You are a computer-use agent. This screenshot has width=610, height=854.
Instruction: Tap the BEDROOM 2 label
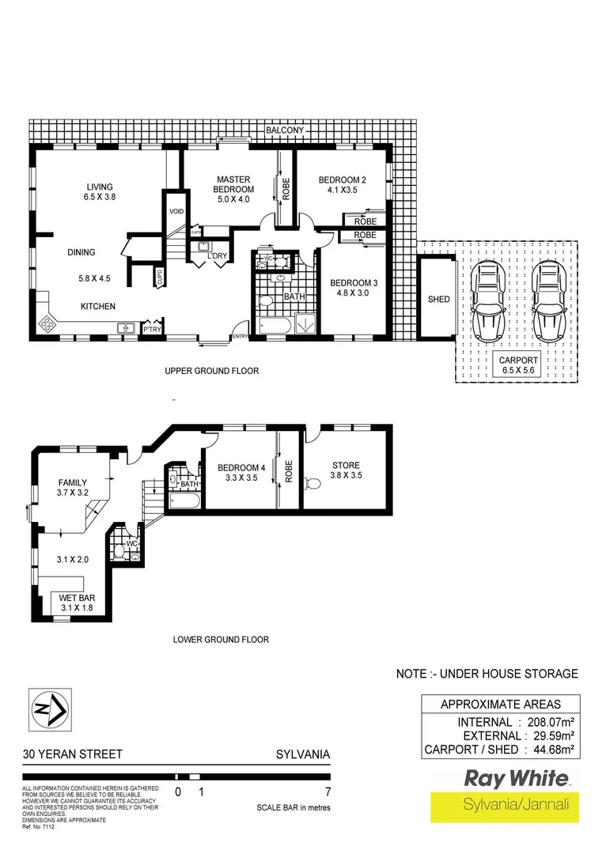pyautogui.click(x=338, y=184)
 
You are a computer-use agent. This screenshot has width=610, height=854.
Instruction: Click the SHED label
pyautogui.click(x=438, y=299)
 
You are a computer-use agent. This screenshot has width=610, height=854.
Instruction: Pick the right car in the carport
pyautogui.click(x=547, y=299)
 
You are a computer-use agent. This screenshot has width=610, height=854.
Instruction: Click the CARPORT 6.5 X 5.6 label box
pyautogui.click(x=517, y=365)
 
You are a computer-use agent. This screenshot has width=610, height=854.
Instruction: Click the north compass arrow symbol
pyautogui.click(x=48, y=710)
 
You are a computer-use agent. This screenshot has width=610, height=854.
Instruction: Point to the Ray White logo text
pyautogui.click(x=515, y=778)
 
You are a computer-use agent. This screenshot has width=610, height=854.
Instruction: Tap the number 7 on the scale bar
pyautogui.click(x=327, y=792)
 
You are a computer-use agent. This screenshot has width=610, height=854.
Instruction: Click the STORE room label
pyautogui.click(x=346, y=470)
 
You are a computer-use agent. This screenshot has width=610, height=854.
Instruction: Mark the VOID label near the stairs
pyautogui.click(x=176, y=212)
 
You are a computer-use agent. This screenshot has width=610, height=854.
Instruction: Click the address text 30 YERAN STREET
pyautogui.click(x=73, y=754)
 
